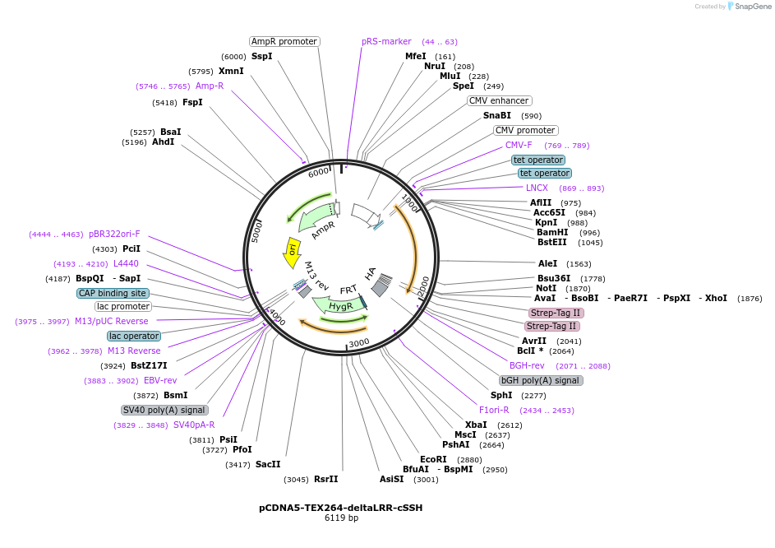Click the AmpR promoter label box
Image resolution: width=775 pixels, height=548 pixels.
284,41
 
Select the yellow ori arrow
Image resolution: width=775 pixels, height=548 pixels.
291,253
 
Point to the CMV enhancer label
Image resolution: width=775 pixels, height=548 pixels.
499,100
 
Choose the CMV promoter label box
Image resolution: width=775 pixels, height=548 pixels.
526,130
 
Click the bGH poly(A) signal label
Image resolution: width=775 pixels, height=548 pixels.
541,380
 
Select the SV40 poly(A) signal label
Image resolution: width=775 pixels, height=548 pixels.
164,410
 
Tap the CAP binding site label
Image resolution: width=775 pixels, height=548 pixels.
113,293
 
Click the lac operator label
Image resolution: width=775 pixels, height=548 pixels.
133,336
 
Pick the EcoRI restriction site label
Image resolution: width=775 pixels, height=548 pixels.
433,459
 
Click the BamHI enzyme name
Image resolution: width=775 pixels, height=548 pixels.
551,232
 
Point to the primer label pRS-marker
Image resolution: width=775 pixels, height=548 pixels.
386,41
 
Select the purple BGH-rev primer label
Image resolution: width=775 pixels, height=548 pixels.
527,365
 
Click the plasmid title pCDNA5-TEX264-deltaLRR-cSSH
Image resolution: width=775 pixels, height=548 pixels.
340,508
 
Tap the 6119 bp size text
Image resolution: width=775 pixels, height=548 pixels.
341,518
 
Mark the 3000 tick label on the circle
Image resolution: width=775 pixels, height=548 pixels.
358,342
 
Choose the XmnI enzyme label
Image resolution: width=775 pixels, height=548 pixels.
230,71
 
